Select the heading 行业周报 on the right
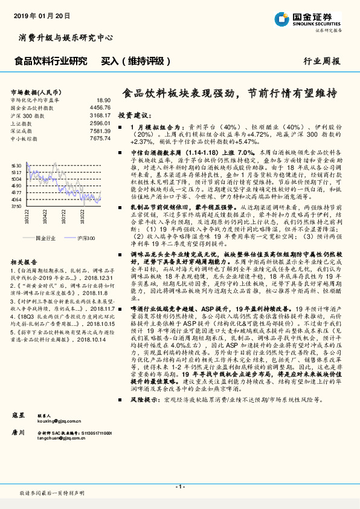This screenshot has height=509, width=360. click(x=321, y=61)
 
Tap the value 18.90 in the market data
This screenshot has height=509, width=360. click(x=103, y=100)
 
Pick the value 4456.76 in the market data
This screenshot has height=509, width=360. click(x=100, y=108)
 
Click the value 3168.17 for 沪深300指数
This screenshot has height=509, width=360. click(x=100, y=115)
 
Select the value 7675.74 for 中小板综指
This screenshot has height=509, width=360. click(x=100, y=138)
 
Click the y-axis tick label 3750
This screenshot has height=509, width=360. click(x=16, y=206)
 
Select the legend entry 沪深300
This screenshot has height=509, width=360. click(x=86, y=238)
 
